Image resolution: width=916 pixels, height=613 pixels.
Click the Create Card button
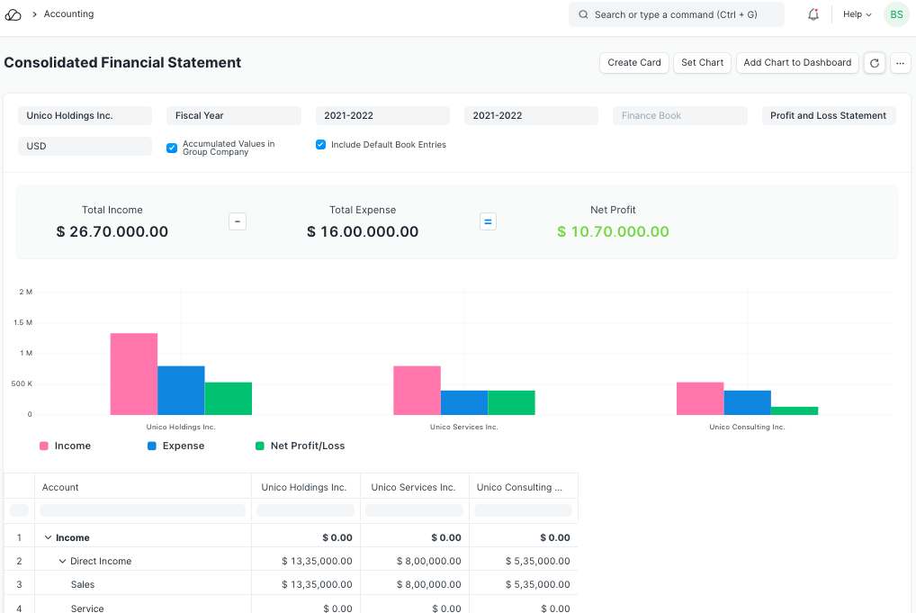tap(634, 63)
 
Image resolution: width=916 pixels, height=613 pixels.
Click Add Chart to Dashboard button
tap(797, 63)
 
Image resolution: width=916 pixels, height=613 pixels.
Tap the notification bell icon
tap(813, 14)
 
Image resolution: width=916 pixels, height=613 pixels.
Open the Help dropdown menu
tap(857, 14)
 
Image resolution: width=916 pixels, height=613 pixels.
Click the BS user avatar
tap(896, 14)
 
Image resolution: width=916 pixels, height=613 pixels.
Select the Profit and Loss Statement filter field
tap(828, 115)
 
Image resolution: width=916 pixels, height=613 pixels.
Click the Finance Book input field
tap(679, 115)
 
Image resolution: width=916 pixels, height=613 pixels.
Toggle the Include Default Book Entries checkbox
tap(321, 145)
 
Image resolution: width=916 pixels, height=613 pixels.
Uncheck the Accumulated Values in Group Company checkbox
tap(172, 148)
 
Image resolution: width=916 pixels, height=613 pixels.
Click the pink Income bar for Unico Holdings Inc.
tap(134, 374)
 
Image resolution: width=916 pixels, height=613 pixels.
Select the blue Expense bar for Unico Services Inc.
tap(464, 402)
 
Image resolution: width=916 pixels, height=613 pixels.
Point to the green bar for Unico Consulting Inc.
tap(795, 410)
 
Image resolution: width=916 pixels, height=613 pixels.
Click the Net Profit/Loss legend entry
tap(307, 446)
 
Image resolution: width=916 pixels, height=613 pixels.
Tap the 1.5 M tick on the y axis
tap(23, 322)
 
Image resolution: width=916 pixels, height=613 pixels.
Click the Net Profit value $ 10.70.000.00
tap(613, 231)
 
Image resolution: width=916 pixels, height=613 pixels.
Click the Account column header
tap(61, 487)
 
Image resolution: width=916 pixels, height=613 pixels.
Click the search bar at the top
tap(676, 14)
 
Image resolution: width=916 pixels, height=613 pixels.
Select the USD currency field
tap(85, 146)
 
